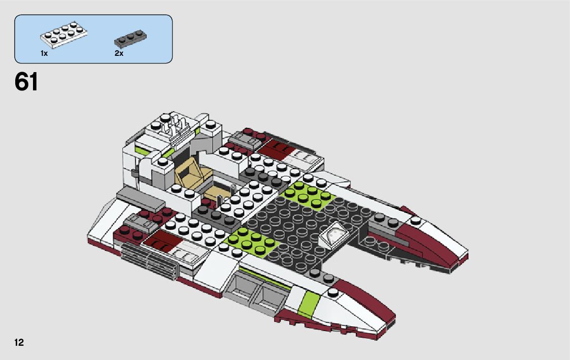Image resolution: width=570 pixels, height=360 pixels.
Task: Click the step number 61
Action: [26, 82]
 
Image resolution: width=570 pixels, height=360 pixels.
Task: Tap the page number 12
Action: [19, 343]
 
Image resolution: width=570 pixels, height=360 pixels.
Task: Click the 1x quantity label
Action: [44, 53]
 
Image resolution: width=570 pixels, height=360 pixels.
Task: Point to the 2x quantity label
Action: [119, 53]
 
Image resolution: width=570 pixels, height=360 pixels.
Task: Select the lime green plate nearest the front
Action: [252, 242]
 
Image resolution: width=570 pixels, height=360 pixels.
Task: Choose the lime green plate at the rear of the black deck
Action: [306, 194]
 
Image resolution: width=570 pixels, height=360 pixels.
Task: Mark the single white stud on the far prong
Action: [416, 221]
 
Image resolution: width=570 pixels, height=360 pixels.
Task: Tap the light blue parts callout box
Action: [93, 39]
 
